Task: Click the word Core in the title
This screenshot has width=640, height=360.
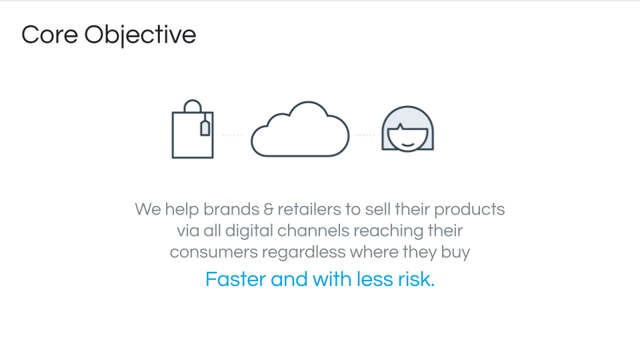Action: pyautogui.click(x=49, y=35)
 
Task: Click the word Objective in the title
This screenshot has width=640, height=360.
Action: pyautogui.click(x=140, y=35)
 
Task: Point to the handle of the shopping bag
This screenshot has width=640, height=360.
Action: pyautogui.click(x=193, y=101)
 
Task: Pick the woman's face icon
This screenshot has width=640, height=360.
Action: pyautogui.click(x=408, y=129)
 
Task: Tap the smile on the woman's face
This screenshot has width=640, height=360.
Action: pyautogui.click(x=408, y=145)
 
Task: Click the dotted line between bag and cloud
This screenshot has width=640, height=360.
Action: pyautogui.click(x=232, y=135)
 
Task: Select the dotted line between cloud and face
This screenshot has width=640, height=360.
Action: pyautogui.click(x=365, y=135)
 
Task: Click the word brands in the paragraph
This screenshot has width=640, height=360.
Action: pyautogui.click(x=231, y=209)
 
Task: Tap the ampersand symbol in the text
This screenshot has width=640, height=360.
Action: pyautogui.click(x=269, y=210)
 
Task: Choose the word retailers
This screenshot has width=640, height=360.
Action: pyautogui.click(x=309, y=209)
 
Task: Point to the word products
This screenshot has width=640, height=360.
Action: pyautogui.click(x=469, y=210)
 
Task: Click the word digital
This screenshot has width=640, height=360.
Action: pyautogui.click(x=249, y=231)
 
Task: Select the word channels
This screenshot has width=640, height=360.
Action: pyautogui.click(x=313, y=231)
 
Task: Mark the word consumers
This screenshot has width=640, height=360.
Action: pyautogui.click(x=214, y=253)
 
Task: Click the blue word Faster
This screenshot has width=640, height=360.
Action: pyautogui.click(x=235, y=279)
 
